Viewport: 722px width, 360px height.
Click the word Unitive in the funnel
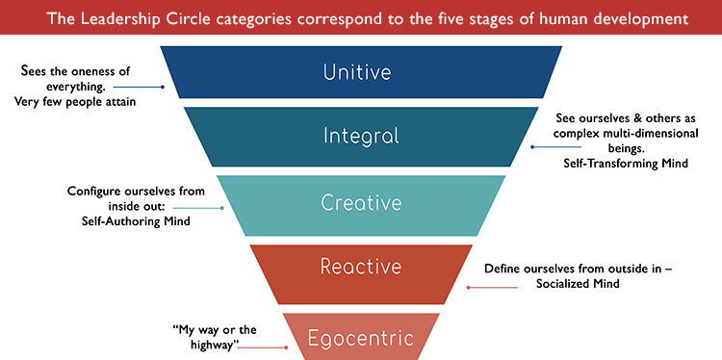coord(360,71)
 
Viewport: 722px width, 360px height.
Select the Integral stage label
coord(360,136)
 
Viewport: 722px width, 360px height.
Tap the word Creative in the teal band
coord(360,204)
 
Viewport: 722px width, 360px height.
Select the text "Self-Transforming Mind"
coord(627,164)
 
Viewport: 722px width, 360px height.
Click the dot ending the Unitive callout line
coord(164,88)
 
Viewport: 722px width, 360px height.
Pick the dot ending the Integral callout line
coord(532,148)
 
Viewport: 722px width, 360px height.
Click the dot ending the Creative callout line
coord(223,207)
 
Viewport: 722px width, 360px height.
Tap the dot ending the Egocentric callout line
coord(287,347)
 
